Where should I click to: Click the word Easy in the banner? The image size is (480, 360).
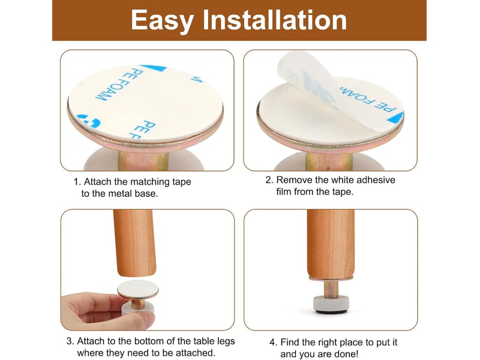(162, 21)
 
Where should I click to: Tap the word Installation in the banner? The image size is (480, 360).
(275, 20)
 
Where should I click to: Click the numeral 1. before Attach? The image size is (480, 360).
(77, 182)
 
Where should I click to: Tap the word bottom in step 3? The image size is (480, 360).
(149, 341)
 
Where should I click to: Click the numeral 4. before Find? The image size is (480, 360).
(274, 342)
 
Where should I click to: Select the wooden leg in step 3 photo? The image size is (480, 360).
(134, 242)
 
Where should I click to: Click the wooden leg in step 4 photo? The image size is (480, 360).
(331, 244)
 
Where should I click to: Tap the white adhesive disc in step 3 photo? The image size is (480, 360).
(138, 289)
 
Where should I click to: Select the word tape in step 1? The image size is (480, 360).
(182, 182)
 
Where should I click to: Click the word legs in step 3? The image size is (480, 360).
(226, 341)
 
